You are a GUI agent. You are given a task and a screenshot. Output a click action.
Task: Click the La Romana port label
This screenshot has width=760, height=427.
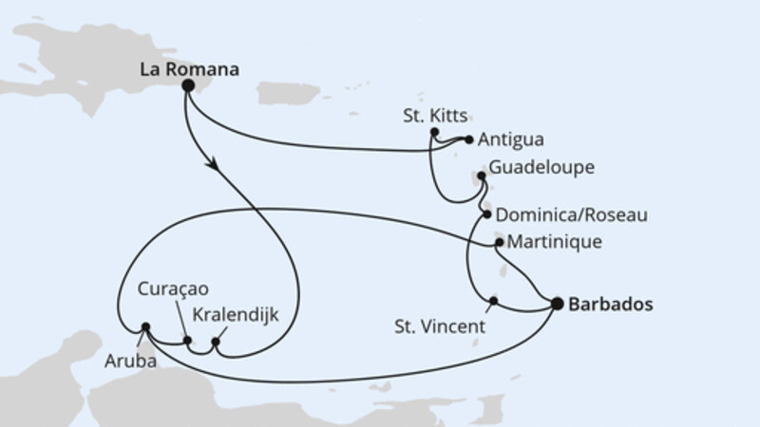coord(188,68)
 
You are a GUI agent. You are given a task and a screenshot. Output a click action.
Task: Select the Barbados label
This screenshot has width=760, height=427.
coord(610,305)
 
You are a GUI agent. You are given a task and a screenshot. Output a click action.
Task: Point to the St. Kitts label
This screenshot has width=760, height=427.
coord(435,117)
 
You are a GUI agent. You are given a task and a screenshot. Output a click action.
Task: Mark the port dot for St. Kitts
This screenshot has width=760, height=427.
coord(433,132)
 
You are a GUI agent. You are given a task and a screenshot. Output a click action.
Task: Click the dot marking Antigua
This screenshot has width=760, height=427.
coord(469,139)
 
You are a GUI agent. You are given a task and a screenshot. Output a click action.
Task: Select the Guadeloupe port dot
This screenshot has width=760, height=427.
coord(482,175)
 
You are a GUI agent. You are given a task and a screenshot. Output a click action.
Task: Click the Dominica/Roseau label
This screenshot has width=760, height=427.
coord(572,215)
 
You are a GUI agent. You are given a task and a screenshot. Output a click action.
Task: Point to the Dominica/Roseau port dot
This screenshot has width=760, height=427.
coord(487,214)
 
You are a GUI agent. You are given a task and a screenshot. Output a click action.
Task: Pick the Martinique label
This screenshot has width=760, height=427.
coord(556,243)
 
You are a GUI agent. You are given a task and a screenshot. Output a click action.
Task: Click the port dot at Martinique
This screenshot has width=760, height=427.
coord(500,244)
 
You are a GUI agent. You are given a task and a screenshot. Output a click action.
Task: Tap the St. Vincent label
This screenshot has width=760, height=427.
coord(439,326)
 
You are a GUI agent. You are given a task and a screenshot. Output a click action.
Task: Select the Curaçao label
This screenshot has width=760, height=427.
coord(172,288)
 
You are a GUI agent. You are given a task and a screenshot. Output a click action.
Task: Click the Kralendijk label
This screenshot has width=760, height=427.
coord(235,314)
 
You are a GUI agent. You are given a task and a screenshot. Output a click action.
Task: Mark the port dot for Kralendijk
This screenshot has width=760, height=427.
coord(217,342)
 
